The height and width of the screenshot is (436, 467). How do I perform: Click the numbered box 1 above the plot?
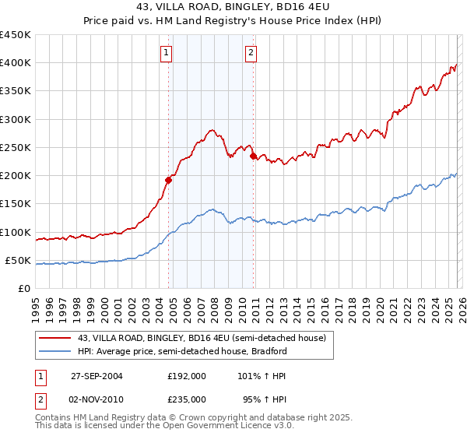pyautogui.click(x=167, y=53)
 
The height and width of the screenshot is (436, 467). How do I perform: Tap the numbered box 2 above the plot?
pyautogui.click(x=251, y=53)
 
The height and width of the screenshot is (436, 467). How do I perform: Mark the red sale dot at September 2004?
pyautogui.click(x=168, y=180)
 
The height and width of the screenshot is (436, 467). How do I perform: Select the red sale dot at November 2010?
pyautogui.click(x=253, y=156)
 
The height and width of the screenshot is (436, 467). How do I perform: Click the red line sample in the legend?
pyautogui.click(x=56, y=338)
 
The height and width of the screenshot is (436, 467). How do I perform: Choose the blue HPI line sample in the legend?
pyautogui.click(x=56, y=351)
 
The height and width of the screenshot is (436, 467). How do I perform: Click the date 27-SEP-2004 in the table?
pyautogui.click(x=97, y=376)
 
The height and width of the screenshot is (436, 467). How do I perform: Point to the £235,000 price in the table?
pyautogui.click(x=186, y=399)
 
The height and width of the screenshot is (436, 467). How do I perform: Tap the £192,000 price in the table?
pyautogui.click(x=186, y=376)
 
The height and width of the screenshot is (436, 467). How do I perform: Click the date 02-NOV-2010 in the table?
pyautogui.click(x=97, y=399)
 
